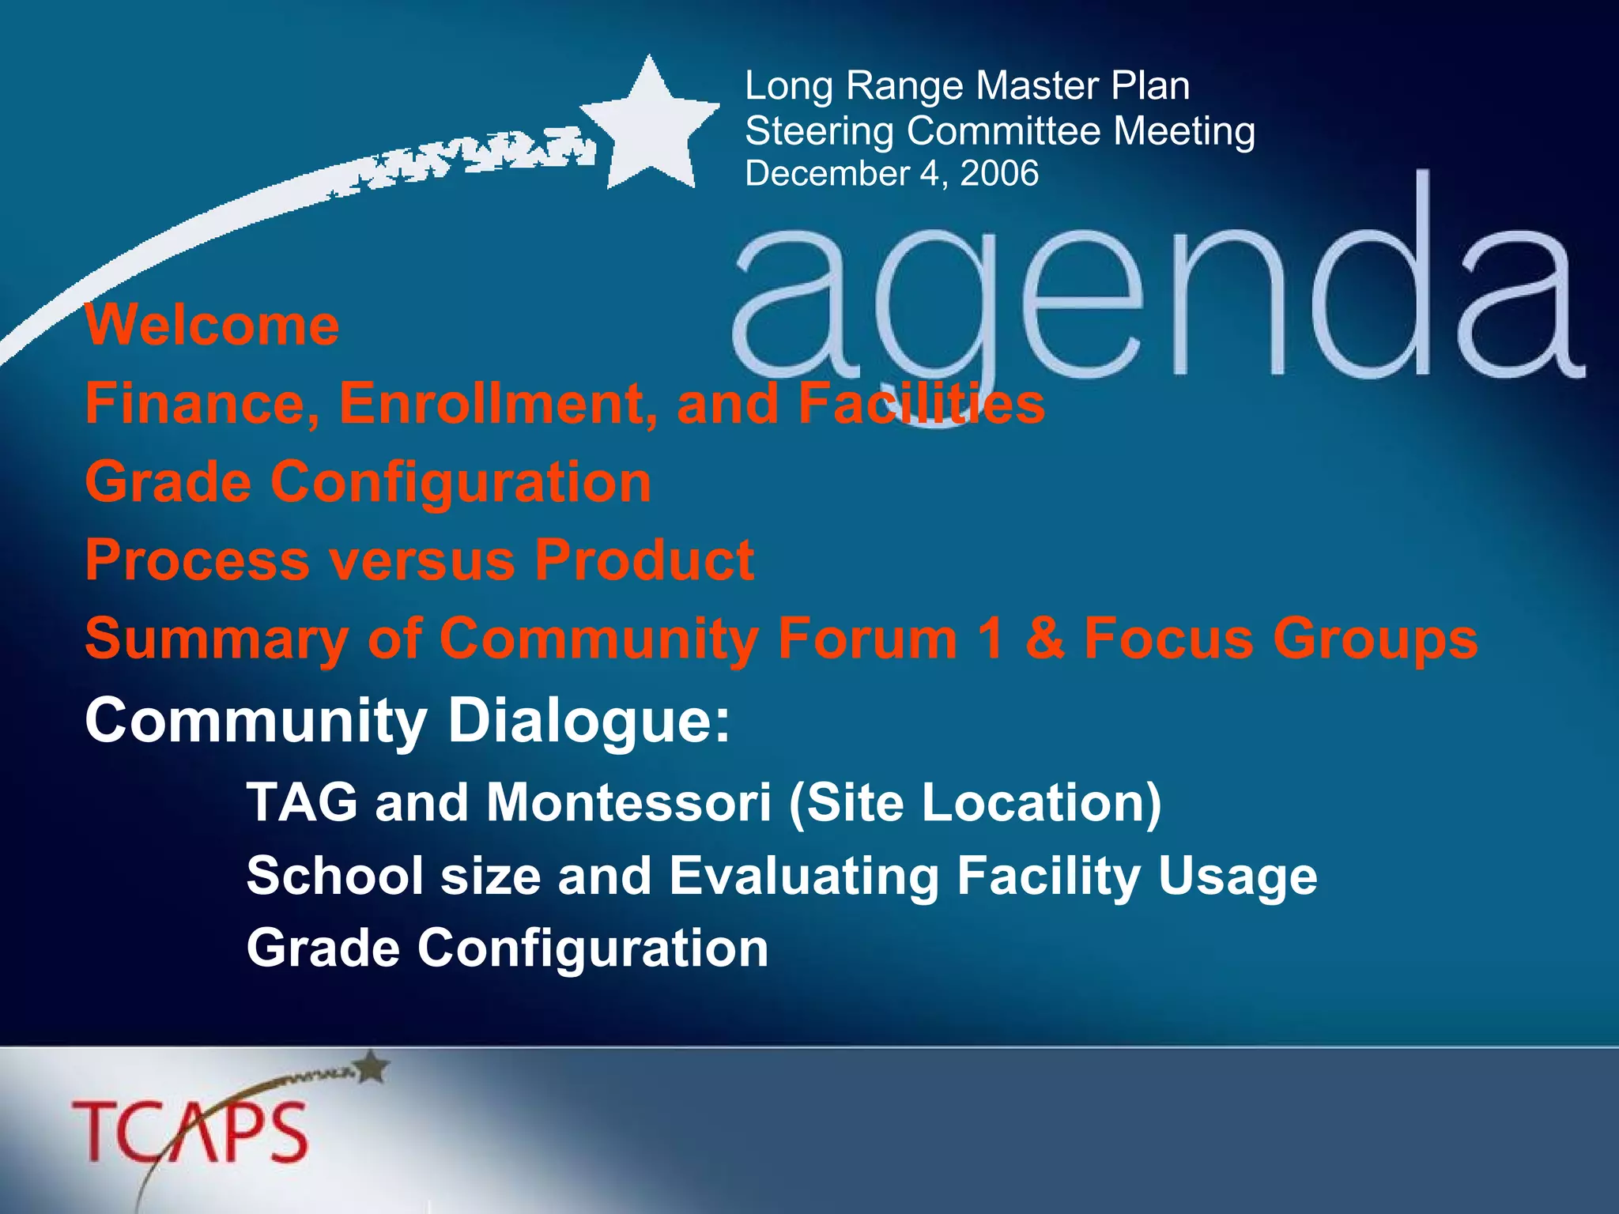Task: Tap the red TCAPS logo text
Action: pos(190,1132)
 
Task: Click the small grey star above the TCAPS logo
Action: pos(374,1067)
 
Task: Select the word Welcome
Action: pos(212,325)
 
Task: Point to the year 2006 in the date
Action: pos(999,174)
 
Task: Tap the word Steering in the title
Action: pos(819,130)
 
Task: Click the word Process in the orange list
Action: pos(197,560)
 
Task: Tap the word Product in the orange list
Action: pos(643,560)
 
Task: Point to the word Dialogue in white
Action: pos(589,721)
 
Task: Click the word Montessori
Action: pos(628,803)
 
